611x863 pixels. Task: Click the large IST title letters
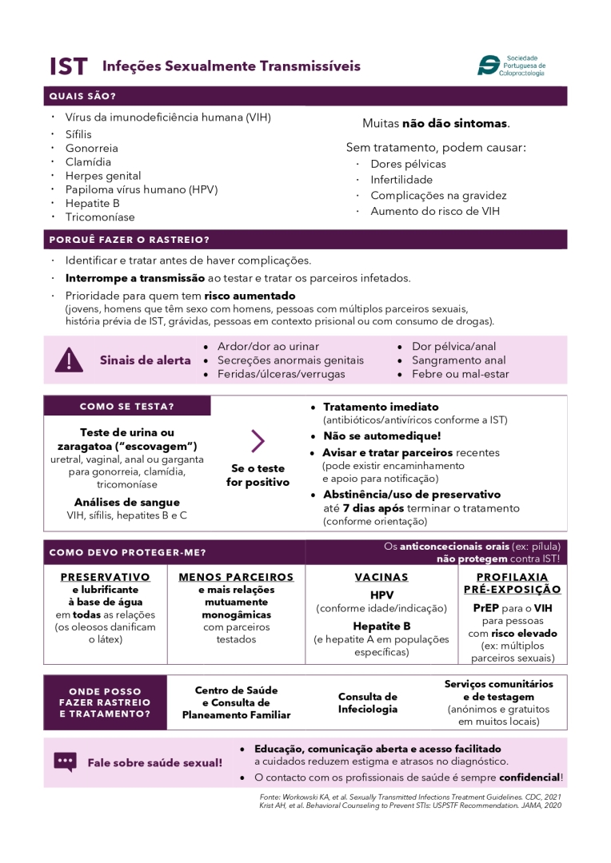pos(68,66)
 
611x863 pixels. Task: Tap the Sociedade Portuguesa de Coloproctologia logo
pos(511,66)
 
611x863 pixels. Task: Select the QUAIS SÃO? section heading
pos(82,97)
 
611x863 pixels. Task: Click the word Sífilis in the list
pos(78,135)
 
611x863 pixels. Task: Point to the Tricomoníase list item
pos(100,217)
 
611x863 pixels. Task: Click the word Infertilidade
pos(401,180)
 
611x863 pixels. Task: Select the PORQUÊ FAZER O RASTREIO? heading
pos(129,240)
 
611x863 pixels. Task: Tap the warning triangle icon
pos(69,360)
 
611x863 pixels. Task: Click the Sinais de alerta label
pos(145,360)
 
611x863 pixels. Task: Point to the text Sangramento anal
pos(458,360)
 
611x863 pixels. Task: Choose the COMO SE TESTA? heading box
pos(127,406)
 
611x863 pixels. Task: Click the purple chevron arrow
pos(258,440)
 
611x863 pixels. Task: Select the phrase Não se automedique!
pos(381,436)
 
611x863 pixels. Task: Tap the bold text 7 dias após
pos(372,508)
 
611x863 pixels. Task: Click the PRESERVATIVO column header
pos(105,577)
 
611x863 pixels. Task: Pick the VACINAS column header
pos(381,577)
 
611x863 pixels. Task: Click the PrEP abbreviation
pos(486,608)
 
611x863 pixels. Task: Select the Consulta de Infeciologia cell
pos(367,703)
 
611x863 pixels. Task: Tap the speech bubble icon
pos(66,762)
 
